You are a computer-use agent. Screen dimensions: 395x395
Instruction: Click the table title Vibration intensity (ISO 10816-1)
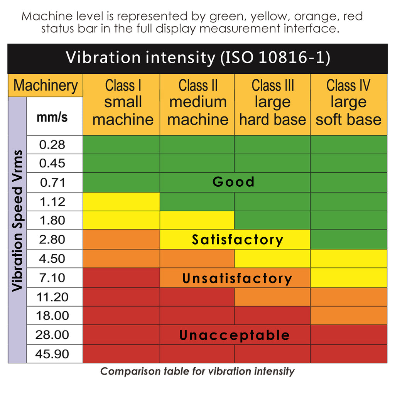197,58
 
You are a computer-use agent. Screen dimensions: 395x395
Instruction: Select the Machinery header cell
46,85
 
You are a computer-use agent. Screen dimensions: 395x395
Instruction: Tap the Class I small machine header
123,103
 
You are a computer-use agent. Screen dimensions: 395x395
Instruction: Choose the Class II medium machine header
197,103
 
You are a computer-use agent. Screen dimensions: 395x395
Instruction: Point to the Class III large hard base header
272,103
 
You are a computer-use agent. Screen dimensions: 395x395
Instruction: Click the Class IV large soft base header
348,103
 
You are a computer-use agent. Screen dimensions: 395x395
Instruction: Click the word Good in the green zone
233,182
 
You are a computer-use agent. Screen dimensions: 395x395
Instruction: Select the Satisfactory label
237,240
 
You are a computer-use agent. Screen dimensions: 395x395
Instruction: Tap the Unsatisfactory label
237,278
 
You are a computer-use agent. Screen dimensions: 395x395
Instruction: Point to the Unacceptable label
234,335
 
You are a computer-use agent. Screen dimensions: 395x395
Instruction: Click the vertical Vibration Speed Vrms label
17,220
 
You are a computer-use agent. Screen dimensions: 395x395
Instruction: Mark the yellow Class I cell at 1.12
122,202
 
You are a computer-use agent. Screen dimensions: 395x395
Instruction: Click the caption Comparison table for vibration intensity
197,371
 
